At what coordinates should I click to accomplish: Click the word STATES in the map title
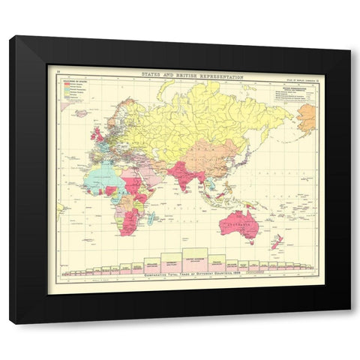pos(151,75)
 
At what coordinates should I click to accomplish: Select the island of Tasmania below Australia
pos(250,241)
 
